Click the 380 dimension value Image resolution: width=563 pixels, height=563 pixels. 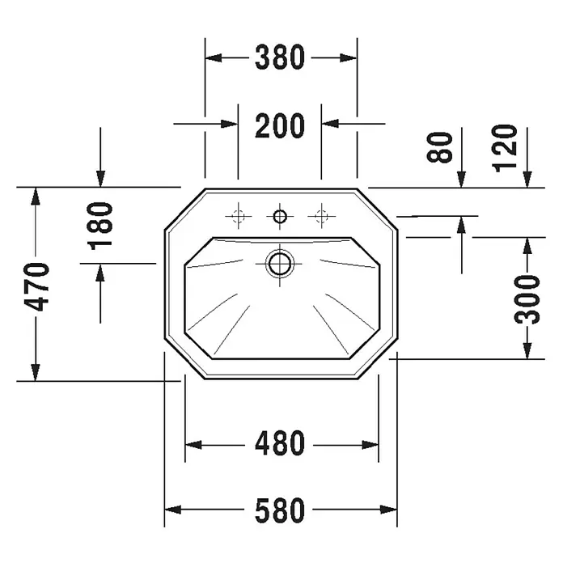(280, 57)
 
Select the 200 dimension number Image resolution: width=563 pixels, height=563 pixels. (280, 125)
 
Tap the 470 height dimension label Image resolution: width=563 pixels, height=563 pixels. (36, 287)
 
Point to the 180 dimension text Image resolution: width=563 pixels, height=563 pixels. (100, 226)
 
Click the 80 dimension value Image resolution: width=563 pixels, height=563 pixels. (440, 147)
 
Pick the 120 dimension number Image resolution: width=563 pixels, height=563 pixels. (505, 149)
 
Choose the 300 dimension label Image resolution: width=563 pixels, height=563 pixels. (527, 299)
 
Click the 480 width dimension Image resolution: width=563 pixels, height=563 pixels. (280, 443)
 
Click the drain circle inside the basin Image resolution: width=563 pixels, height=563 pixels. (280, 264)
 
